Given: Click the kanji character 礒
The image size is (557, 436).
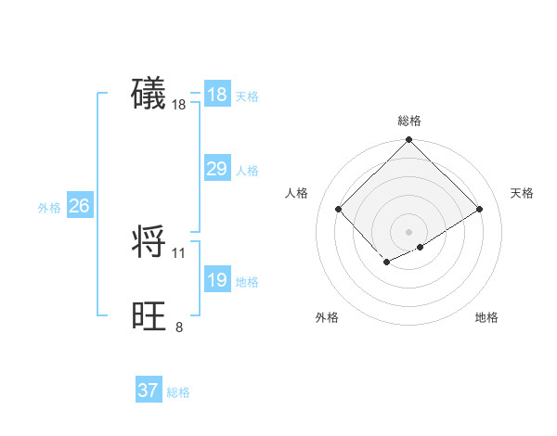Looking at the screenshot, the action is (x=149, y=94).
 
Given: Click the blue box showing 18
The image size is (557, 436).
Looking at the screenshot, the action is (x=216, y=95).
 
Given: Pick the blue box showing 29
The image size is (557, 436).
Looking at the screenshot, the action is (x=216, y=169).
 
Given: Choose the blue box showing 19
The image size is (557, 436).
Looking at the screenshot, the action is (x=216, y=280).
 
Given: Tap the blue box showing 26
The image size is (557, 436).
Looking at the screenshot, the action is (x=79, y=206).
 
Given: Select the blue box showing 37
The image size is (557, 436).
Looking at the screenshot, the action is (x=148, y=391).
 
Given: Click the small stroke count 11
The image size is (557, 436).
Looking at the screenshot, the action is (x=179, y=252).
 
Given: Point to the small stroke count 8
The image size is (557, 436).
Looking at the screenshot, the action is (x=179, y=327).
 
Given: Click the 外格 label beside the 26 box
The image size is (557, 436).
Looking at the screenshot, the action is (x=49, y=208).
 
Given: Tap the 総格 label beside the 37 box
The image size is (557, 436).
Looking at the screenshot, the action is (x=178, y=392).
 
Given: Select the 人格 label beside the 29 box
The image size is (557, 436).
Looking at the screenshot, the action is (x=247, y=171).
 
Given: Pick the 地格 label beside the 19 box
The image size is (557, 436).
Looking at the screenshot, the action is (x=247, y=282).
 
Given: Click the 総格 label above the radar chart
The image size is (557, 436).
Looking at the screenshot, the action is (x=409, y=121).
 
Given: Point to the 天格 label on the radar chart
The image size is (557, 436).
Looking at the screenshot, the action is (x=523, y=193).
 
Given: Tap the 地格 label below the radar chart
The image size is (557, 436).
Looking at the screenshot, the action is (x=486, y=317).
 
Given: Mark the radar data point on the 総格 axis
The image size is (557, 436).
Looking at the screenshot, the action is (x=409, y=140).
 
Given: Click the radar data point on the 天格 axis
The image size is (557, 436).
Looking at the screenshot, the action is (x=480, y=209).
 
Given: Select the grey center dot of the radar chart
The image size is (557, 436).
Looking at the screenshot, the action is (x=409, y=231).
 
